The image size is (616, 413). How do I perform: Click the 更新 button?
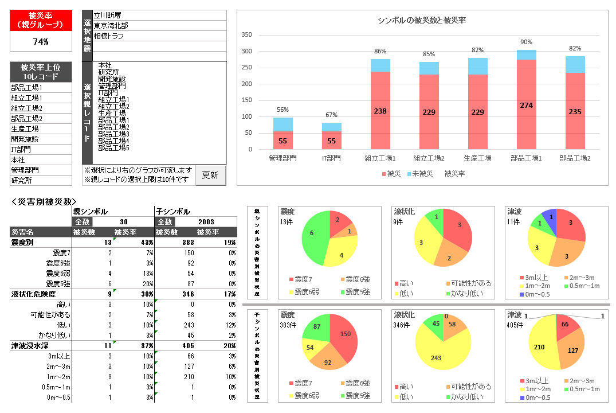(x=210, y=176)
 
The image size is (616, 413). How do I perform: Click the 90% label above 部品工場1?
(x=527, y=42)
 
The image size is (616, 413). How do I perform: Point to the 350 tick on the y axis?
(x=247, y=34)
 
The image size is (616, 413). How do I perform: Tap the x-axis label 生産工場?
(x=478, y=158)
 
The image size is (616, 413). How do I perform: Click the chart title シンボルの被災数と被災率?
(x=421, y=20)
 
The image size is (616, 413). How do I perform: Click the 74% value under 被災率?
(x=41, y=41)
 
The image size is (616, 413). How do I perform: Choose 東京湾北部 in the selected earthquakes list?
(x=111, y=26)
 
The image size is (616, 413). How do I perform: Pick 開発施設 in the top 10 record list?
(x=25, y=139)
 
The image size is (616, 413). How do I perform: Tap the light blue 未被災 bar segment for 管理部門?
(x=283, y=124)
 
